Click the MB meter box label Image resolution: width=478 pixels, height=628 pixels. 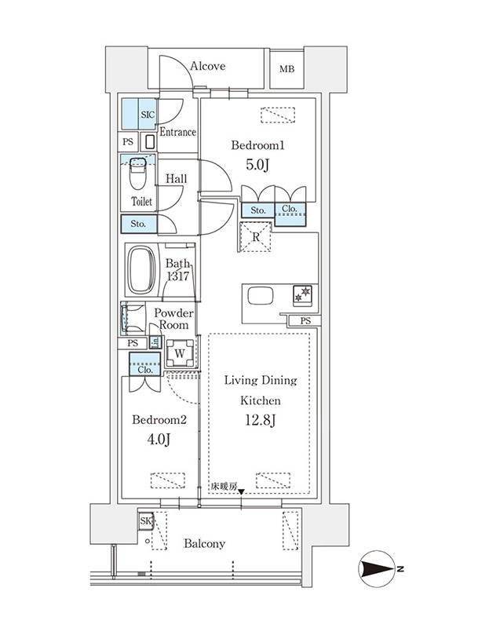click(286, 69)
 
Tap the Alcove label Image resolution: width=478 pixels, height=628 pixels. click(208, 66)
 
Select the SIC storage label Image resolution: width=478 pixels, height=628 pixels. click(148, 115)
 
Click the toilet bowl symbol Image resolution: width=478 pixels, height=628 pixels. click(137, 173)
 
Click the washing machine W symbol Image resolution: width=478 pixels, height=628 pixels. click(181, 354)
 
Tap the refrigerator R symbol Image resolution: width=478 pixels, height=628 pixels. click(255, 237)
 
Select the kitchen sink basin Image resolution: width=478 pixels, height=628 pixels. click(261, 297)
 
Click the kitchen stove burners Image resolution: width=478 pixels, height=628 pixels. click(302, 296)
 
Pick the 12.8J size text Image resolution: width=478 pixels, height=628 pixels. click(260, 420)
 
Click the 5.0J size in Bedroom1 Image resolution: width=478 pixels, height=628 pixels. click(257, 165)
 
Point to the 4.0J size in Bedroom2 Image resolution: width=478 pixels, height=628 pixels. click(159, 440)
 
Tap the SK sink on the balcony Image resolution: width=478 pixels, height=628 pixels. click(146, 521)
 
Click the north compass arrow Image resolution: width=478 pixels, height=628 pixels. click(377, 568)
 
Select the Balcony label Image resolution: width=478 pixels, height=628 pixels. click(204, 544)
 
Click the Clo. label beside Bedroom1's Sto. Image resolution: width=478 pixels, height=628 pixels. click(289, 209)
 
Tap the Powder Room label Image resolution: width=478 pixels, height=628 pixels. click(173, 319)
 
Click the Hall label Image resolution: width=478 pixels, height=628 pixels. click(176, 179)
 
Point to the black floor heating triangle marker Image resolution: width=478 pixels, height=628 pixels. click(242, 492)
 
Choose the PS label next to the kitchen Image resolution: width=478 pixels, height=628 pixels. click(305, 321)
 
